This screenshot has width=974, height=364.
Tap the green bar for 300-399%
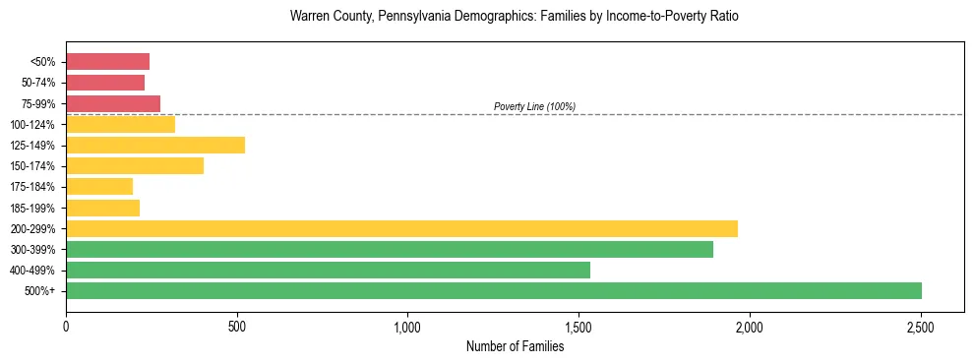click(390, 249)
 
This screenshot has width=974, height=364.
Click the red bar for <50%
click(107, 62)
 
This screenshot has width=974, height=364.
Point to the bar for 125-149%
click(155, 146)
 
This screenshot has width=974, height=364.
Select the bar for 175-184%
click(99, 187)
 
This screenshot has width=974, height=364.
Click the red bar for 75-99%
click(113, 103)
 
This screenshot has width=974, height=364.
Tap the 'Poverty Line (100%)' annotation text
click(534, 106)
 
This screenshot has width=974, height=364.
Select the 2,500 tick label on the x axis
click(920, 326)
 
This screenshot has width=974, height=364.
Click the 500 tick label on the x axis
click(236, 326)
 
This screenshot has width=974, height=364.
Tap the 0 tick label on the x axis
click(66, 326)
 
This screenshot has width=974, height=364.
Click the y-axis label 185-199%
click(32, 208)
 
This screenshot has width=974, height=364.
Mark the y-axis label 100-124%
click(32, 125)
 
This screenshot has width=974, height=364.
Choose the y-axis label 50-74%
click(35, 83)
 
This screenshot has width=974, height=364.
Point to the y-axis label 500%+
click(39, 291)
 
